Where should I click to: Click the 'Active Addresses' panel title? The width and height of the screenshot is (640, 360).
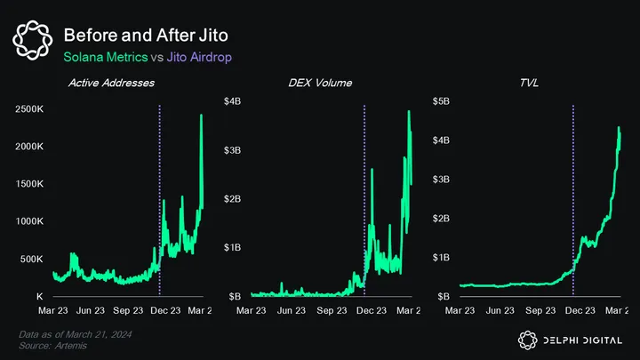tap(111, 83)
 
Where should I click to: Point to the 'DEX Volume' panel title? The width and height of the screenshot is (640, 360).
tap(320, 83)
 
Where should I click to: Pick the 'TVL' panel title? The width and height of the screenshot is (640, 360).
tap(529, 83)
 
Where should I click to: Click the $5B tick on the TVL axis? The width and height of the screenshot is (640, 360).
tap(441, 101)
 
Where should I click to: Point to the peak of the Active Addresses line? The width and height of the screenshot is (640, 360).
tap(201, 115)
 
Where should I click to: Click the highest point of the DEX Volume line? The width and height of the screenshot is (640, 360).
tap(409, 111)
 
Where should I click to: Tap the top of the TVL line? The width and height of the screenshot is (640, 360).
tap(619, 127)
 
